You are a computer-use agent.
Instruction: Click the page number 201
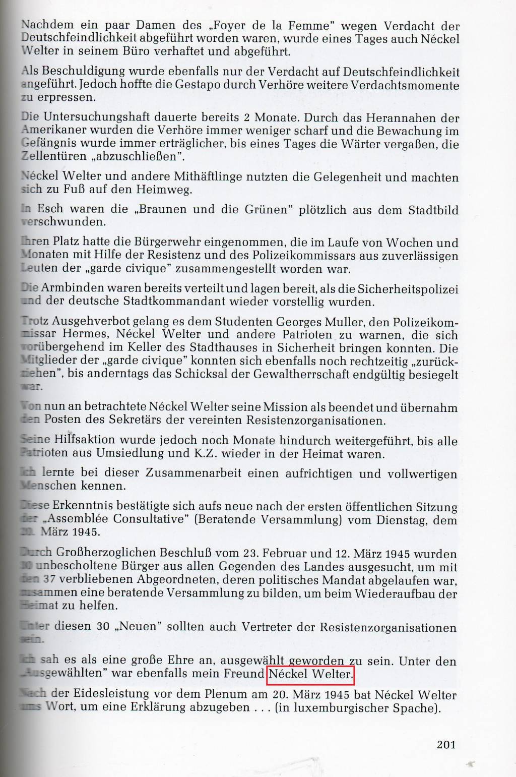446,744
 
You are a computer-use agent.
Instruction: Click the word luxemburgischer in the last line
341,708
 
